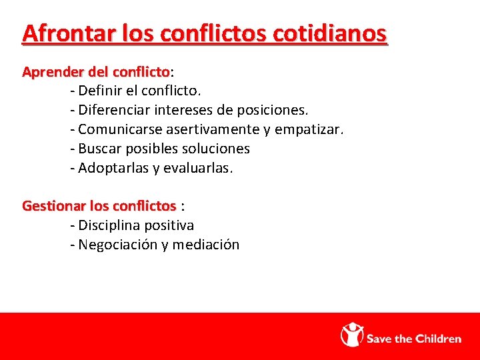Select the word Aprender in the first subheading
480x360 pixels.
(x=49, y=71)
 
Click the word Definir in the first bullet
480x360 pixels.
(x=101, y=89)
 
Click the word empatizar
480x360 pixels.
(x=310, y=129)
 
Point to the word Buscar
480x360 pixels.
(x=99, y=149)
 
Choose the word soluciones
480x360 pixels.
(x=215, y=149)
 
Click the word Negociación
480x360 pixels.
(x=118, y=245)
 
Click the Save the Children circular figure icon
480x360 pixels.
(x=353, y=335)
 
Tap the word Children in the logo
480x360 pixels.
(x=439, y=339)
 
